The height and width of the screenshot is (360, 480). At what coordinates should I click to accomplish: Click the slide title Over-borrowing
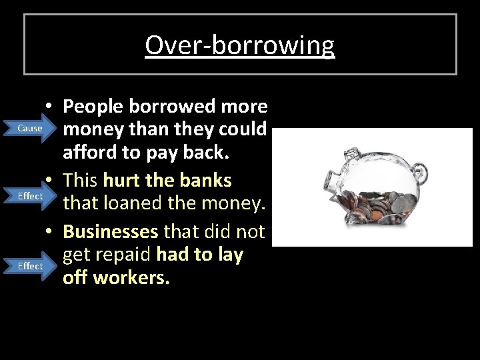click(x=239, y=45)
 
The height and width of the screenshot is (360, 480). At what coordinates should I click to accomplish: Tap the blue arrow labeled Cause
click(x=32, y=128)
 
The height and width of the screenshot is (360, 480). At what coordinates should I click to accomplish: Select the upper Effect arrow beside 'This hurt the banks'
click(x=31, y=196)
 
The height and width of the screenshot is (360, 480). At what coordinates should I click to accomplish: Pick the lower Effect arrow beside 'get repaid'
click(x=31, y=266)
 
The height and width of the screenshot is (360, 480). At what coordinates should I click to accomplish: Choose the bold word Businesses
click(x=111, y=232)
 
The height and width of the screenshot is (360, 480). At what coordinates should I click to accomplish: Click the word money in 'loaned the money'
click(x=233, y=203)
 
